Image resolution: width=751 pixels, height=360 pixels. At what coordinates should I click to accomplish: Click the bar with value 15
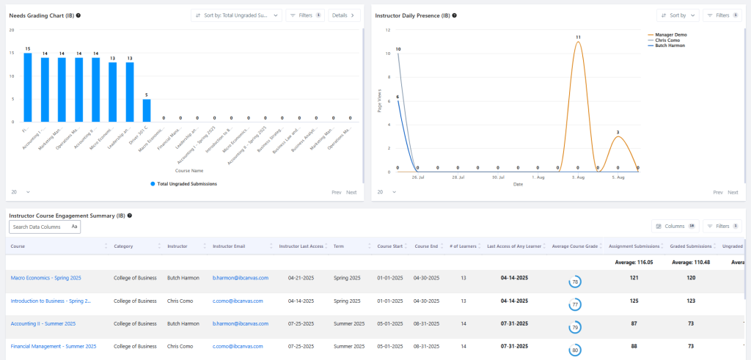coord(27,87)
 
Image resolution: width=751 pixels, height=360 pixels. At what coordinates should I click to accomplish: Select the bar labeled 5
coord(147,110)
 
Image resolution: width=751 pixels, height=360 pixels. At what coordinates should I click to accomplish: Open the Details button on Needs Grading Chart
coord(344,15)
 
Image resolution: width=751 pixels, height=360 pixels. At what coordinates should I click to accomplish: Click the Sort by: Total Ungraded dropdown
coord(236,15)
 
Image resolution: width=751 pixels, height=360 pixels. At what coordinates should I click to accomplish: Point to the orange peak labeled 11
coord(578,42)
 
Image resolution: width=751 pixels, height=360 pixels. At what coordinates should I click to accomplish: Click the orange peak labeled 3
coord(618,137)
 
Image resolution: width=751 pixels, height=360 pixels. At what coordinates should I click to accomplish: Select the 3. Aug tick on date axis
coord(578,177)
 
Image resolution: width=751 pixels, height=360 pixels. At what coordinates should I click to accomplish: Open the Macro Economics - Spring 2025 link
coord(45,278)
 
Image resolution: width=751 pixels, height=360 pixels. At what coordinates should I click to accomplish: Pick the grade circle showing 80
coord(576,350)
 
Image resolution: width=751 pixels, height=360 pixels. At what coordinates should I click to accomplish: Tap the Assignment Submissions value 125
coord(634,301)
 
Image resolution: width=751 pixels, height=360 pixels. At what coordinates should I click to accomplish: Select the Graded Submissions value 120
coord(691,278)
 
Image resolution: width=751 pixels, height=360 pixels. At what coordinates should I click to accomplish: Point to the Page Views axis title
coord(379,101)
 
